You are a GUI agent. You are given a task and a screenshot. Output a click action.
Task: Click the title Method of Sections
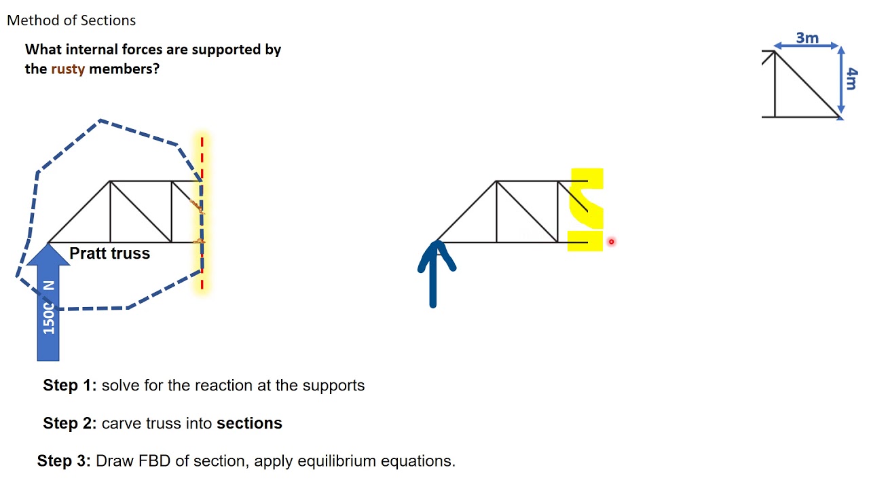coord(71,20)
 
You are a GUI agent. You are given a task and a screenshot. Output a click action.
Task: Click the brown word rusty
coord(68,69)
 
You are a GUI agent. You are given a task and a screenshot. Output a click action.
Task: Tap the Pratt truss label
coord(109,253)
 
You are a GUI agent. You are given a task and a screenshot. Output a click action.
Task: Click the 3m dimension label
coord(807,37)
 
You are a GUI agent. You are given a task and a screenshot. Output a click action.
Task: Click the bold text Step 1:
coord(70,385)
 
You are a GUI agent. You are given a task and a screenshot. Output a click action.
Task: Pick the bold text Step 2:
coord(70,423)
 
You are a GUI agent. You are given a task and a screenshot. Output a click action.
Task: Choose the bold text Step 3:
coord(64,461)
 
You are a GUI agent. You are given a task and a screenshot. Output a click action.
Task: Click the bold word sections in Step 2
coord(249,423)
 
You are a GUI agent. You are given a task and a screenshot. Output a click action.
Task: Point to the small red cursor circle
coord(611,241)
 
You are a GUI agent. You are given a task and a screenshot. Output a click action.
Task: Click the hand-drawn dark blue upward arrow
coord(433,278)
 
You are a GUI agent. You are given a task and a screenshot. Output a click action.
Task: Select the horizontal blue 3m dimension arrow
coord(807,46)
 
